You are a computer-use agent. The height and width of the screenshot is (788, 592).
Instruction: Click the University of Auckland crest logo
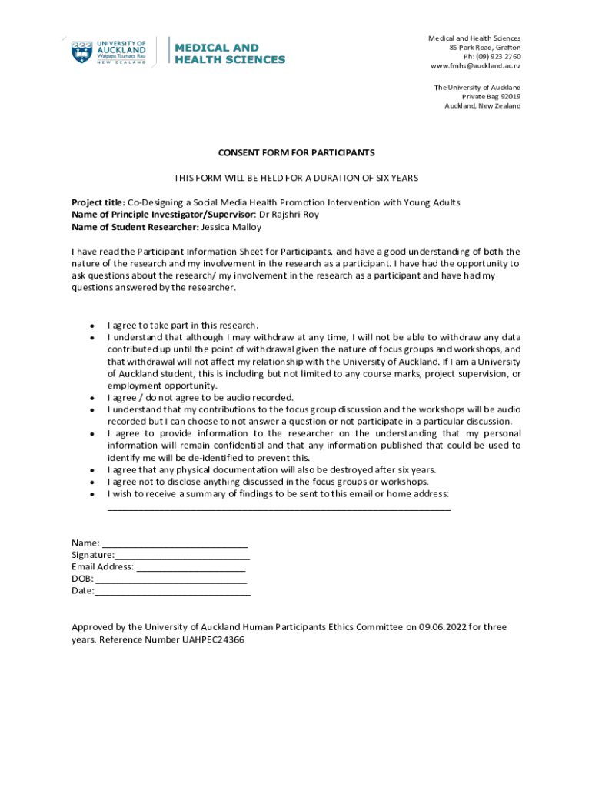click(x=81, y=52)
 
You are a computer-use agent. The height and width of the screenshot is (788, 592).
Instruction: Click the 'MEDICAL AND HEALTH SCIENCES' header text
click(x=230, y=54)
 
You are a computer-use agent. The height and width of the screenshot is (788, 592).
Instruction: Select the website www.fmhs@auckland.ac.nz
click(x=475, y=66)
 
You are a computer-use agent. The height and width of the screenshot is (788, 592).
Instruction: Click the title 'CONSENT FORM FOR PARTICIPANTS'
click(x=296, y=153)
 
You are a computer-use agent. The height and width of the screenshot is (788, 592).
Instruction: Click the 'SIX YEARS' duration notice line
click(x=296, y=178)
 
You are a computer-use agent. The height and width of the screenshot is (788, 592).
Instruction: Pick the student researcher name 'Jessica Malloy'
click(x=231, y=227)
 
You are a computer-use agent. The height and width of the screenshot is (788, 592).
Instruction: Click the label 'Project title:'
click(x=98, y=202)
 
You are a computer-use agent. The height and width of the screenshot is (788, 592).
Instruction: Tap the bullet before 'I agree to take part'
click(x=91, y=326)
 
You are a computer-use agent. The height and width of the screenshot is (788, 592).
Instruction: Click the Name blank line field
click(x=175, y=544)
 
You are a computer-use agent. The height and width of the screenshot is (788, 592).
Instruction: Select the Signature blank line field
click(x=182, y=556)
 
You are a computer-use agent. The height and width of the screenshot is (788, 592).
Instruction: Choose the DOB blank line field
click(x=171, y=579)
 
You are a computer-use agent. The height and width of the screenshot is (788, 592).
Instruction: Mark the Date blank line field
click(x=173, y=592)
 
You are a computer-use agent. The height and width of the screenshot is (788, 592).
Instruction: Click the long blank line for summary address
click(x=279, y=508)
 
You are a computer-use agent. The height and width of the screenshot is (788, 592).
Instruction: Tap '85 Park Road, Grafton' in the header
click(x=484, y=48)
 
